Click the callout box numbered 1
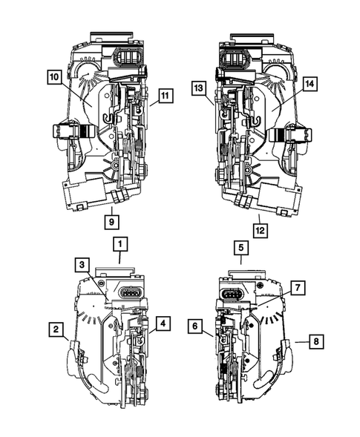click(120, 243)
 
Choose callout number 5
click(240, 248)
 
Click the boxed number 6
click(196, 324)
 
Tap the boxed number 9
click(111, 220)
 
